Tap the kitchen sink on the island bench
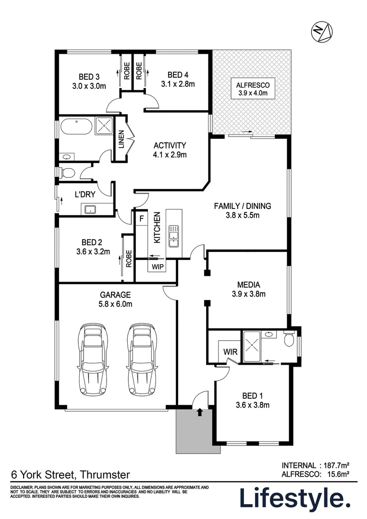tap(173, 236)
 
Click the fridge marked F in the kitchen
tap(141, 219)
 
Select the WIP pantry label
tap(158, 266)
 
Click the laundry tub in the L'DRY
tap(90, 209)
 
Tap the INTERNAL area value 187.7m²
tap(334, 465)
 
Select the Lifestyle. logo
tap(295, 499)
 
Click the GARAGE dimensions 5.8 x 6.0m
tap(116, 304)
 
